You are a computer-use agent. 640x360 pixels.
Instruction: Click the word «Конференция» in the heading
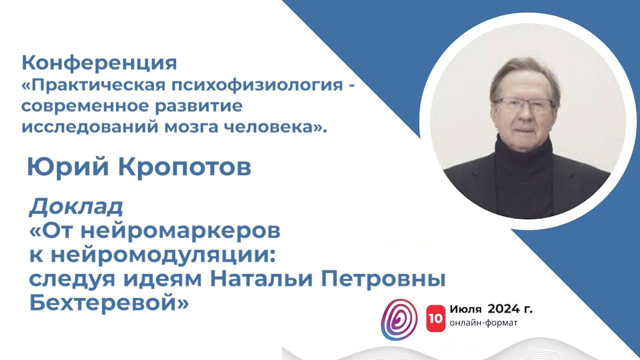99,63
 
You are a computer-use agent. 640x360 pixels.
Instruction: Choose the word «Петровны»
377,279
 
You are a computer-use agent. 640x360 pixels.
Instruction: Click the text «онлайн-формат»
483,322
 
